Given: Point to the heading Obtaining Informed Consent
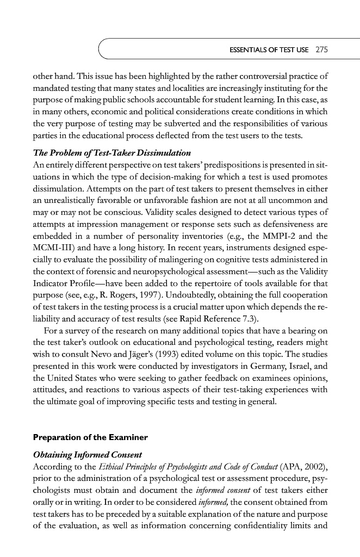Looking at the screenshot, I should pos(88,454).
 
